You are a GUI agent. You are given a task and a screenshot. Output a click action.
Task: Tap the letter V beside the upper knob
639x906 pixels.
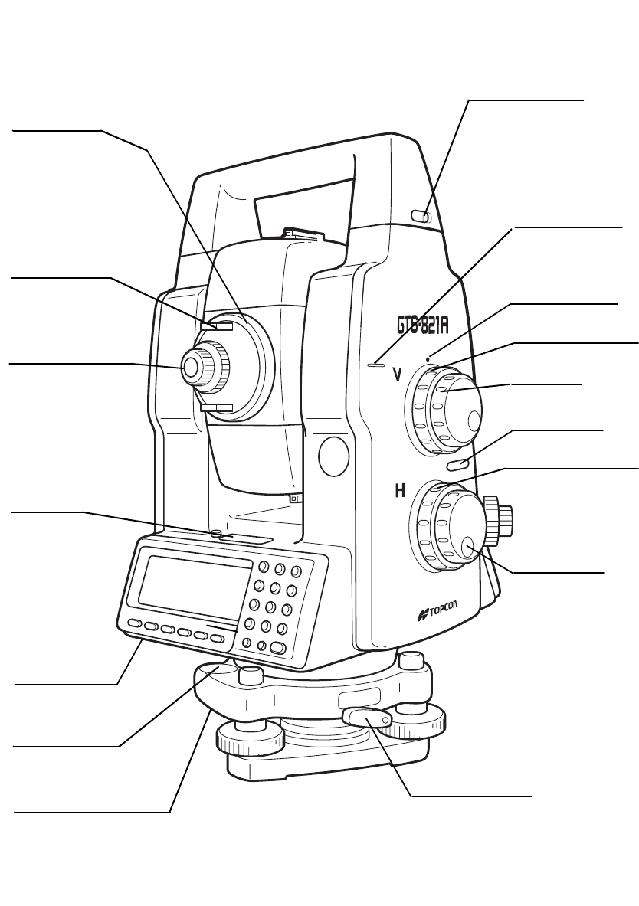point(397,375)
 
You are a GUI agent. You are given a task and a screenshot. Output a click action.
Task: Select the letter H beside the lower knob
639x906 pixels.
point(399,492)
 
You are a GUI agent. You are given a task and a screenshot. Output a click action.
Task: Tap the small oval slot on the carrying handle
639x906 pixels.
point(420,218)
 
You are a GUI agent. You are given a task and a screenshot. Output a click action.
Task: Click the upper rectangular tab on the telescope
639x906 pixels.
point(216,326)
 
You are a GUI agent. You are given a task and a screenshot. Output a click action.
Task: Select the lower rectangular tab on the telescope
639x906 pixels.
point(215,407)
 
